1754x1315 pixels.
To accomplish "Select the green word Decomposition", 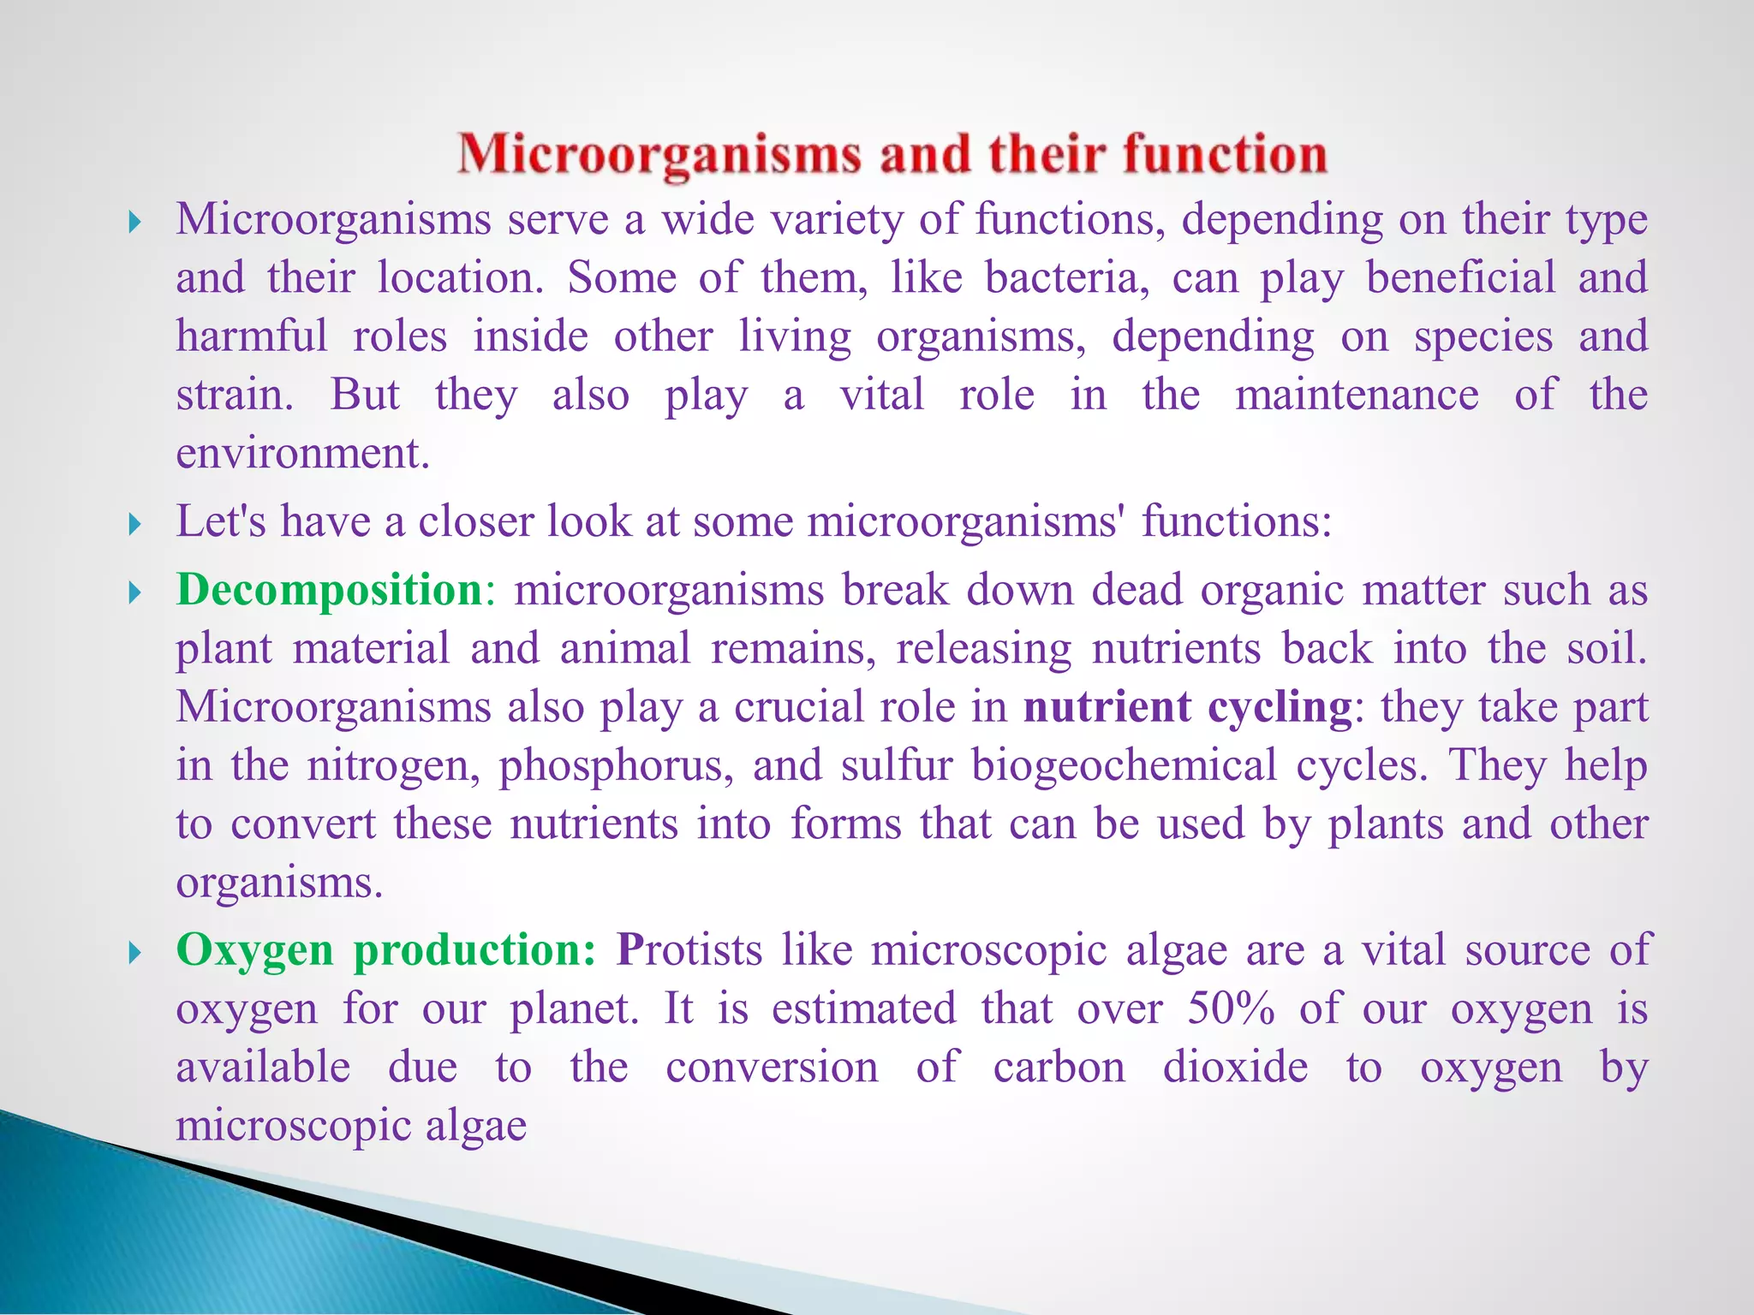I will point(330,590).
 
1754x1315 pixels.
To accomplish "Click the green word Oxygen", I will point(254,951).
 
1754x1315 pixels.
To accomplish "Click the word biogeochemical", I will point(1124,765).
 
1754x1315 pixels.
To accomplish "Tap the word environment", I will point(302,453).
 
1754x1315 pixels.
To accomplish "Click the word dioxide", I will point(1235,1067).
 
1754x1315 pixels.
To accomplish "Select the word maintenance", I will point(1357,395).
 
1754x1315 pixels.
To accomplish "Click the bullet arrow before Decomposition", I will point(134,592).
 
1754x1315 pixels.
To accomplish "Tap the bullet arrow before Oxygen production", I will point(134,952).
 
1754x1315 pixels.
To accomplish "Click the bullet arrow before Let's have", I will point(134,523).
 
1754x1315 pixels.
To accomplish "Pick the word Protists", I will point(689,950).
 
